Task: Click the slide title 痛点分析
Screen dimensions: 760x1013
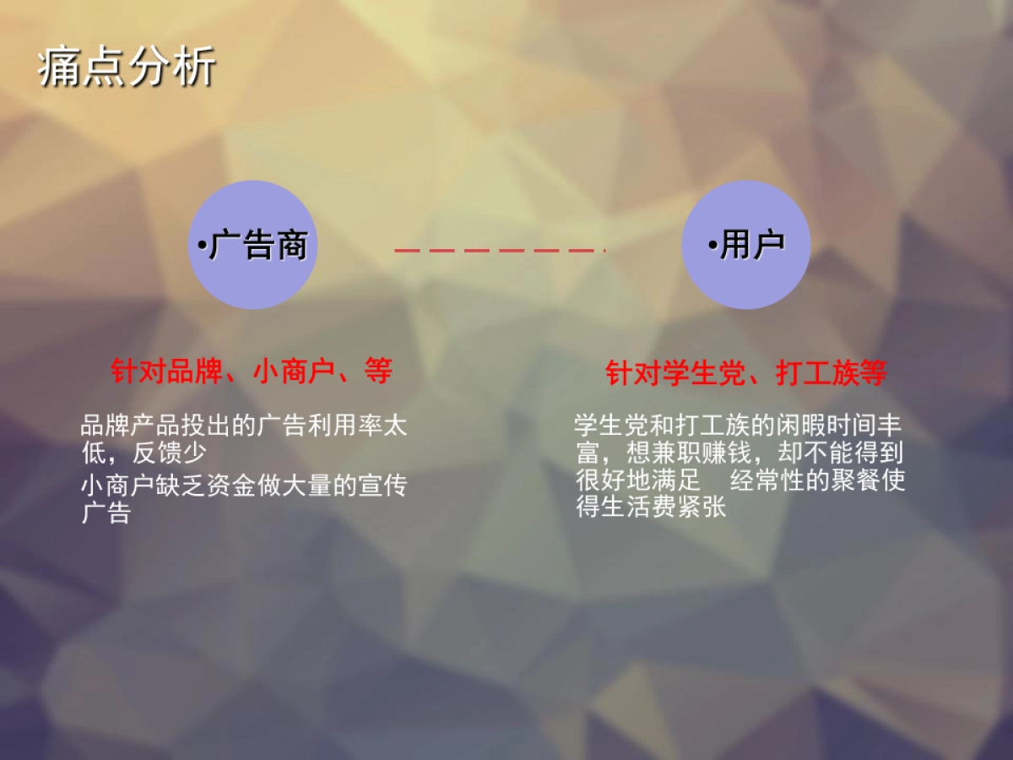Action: coord(127,67)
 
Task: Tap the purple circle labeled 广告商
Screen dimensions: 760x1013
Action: coord(252,245)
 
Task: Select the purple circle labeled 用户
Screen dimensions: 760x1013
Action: coord(746,245)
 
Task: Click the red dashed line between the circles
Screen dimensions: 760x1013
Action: coord(500,251)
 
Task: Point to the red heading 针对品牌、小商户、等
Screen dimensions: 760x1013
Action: coord(252,371)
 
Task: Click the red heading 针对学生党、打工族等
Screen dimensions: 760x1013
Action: coord(746,373)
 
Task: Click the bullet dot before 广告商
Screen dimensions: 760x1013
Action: coord(202,247)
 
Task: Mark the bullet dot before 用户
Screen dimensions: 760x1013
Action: coord(712,247)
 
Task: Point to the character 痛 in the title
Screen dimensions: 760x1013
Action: coord(60,67)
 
